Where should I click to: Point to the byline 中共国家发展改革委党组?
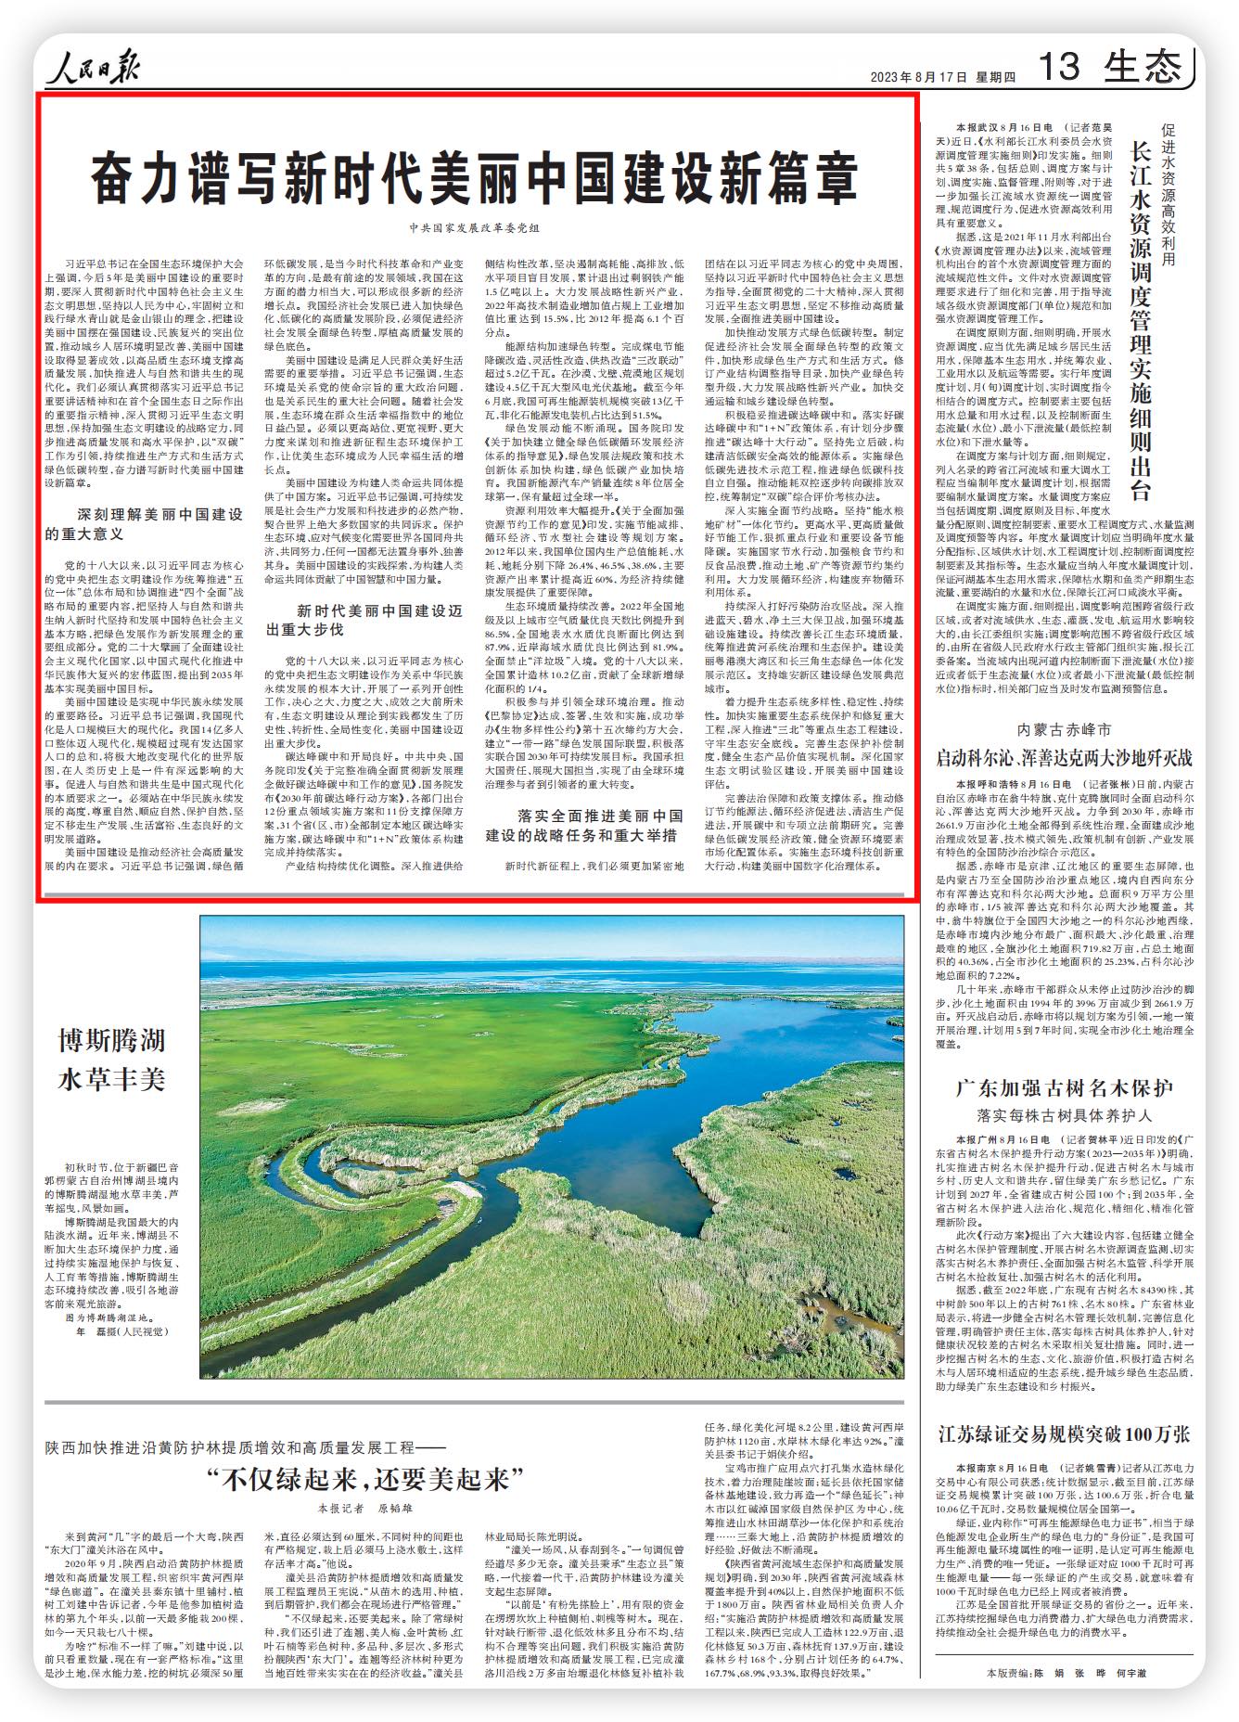pyautogui.click(x=474, y=227)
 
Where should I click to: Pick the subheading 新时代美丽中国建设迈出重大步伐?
pyautogui.click(x=364, y=620)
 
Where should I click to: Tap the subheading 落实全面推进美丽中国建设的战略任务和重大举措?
pyautogui.click(x=584, y=825)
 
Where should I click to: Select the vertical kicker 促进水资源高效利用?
pyautogui.click(x=1169, y=195)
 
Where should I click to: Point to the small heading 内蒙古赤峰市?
pyautogui.click(x=1064, y=729)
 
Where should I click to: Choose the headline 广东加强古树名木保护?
pyautogui.click(x=1064, y=1087)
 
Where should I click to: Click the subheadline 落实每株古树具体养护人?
pyautogui.click(x=1064, y=1116)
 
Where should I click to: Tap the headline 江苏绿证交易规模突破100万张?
pyautogui.click(x=1064, y=1433)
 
